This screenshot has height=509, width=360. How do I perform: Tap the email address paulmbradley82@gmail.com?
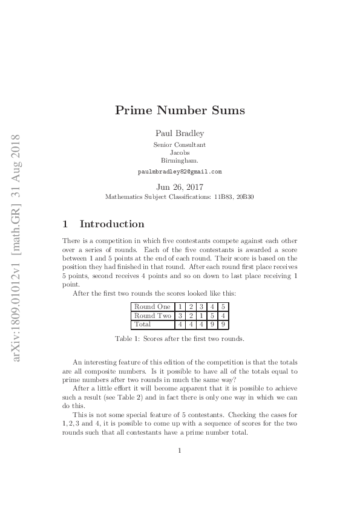[180, 172]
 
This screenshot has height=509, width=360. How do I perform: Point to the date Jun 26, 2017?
[180, 187]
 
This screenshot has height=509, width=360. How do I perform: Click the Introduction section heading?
[112, 224]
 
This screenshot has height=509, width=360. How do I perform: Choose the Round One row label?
[152, 306]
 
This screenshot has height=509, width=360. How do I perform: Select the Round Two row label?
[152, 316]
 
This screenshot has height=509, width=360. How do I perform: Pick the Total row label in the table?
[143, 324]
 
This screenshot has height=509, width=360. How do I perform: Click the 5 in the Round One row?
[223, 306]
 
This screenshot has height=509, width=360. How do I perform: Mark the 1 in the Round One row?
[180, 306]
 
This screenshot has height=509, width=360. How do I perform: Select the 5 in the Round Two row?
[212, 316]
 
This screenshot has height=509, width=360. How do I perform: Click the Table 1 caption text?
[180, 339]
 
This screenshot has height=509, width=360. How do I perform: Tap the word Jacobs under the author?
[180, 153]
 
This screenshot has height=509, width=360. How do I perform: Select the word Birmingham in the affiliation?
[180, 161]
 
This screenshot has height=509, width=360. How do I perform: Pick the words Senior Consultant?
[180, 145]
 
